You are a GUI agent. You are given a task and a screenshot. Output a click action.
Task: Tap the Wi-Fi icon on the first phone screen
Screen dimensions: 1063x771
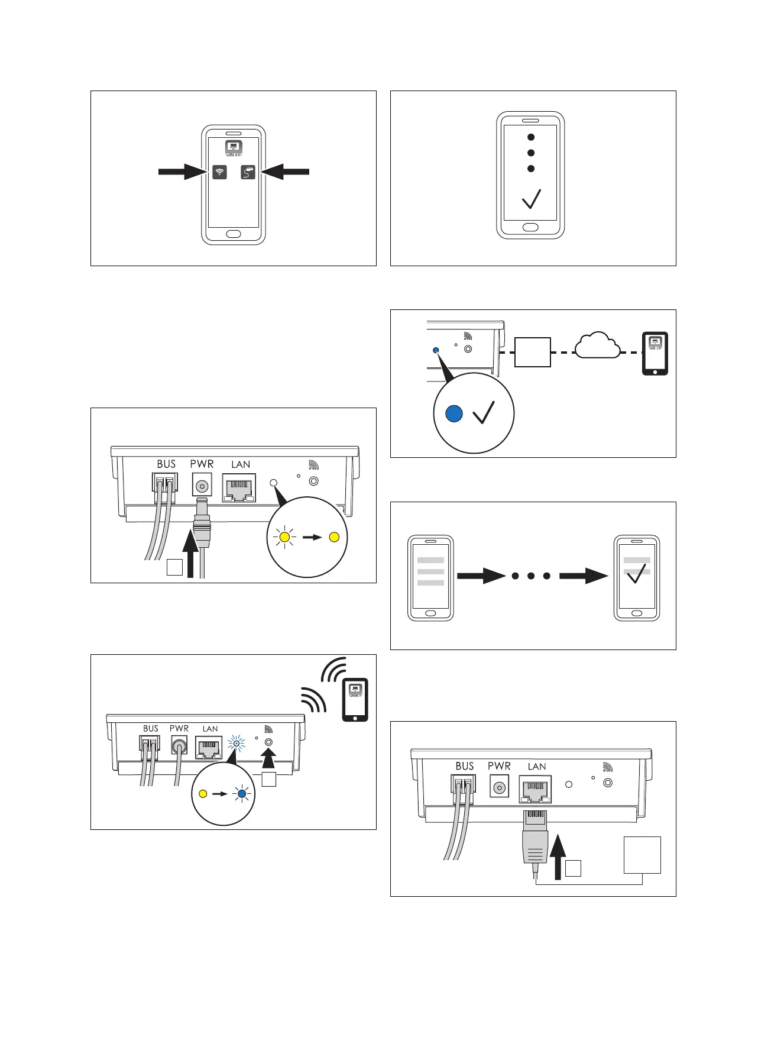point(219,172)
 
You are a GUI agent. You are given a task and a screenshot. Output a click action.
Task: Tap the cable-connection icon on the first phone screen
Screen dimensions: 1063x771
point(248,172)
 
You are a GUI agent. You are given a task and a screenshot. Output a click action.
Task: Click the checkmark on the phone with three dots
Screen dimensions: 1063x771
point(531,199)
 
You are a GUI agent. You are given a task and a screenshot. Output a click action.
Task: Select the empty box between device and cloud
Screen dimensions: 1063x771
point(533,353)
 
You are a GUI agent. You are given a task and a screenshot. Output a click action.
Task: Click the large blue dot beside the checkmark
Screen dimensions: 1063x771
point(453,413)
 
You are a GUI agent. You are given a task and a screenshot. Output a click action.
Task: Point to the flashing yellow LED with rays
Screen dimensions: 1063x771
point(285,537)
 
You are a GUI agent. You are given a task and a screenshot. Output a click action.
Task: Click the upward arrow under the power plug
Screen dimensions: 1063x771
point(190,554)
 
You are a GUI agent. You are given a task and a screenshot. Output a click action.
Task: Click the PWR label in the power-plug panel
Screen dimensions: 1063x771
point(202,464)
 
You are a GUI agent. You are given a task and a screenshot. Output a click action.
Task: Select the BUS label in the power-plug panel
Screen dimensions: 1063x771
point(166,464)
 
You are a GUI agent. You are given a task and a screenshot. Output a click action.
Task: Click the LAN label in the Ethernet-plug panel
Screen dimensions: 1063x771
point(537,767)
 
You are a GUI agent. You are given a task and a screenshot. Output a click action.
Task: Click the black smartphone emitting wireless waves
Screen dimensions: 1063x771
point(355,699)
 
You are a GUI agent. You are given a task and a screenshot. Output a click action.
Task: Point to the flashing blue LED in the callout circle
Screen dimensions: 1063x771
point(241,794)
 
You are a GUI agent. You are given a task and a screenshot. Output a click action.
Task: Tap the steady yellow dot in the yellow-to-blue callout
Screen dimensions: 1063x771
point(203,794)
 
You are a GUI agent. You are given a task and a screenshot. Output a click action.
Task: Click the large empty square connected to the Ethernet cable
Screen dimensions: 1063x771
point(642,855)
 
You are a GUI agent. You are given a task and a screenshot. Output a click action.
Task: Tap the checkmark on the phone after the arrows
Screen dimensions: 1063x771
point(636,573)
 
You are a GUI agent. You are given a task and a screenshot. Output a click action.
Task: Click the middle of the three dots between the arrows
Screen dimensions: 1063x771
point(531,576)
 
